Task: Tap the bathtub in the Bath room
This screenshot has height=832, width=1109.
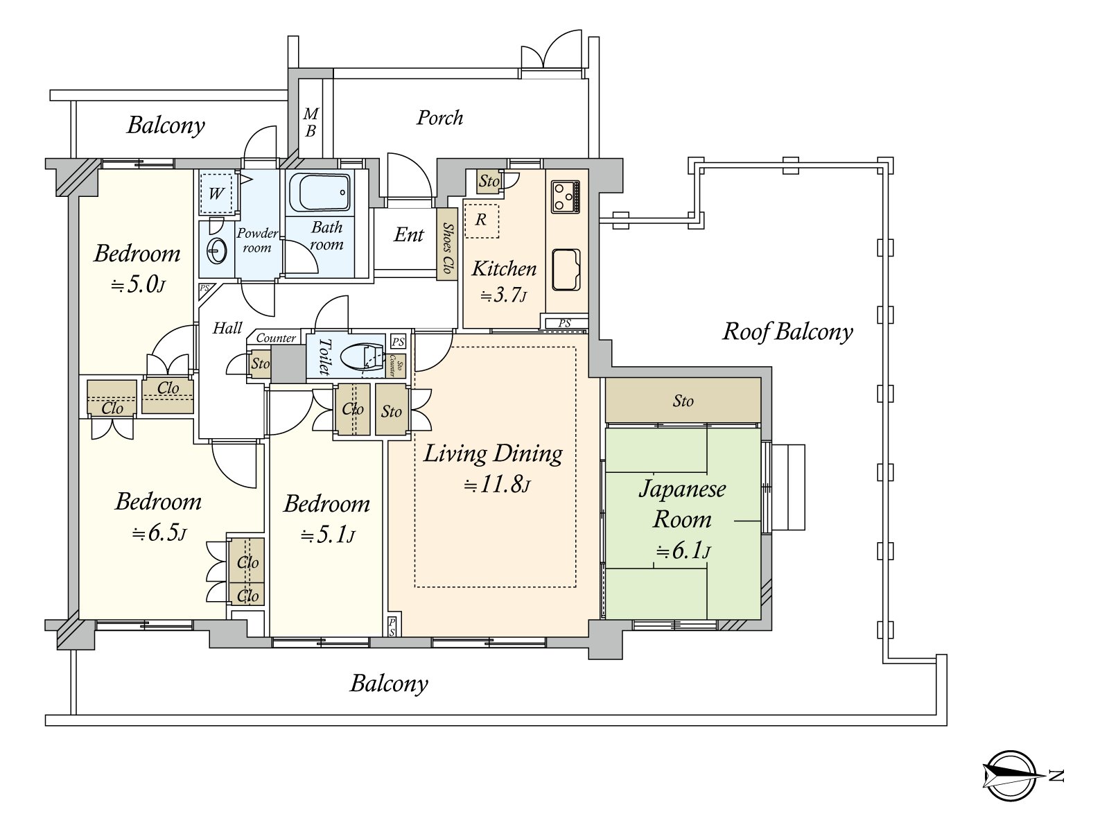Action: [x=320, y=193]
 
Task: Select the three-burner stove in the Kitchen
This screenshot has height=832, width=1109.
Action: [x=566, y=196]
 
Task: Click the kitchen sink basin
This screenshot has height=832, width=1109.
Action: [x=566, y=270]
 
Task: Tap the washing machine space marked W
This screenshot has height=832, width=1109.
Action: [x=216, y=193]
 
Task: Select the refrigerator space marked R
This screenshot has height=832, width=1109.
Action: [x=481, y=220]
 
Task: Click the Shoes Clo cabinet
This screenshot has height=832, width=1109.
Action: [x=446, y=244]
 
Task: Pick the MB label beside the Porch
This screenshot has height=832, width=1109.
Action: [x=311, y=122]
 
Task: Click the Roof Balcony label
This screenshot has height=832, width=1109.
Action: [x=787, y=332]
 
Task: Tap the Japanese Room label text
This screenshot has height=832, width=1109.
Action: [x=682, y=504]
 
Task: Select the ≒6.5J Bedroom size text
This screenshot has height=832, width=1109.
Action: [x=159, y=533]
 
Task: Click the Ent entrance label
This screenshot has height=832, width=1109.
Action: [x=409, y=234]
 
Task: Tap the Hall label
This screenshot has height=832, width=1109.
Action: [x=227, y=329]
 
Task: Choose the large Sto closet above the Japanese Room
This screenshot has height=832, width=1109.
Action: [x=683, y=400]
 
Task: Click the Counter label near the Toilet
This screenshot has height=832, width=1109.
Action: [x=276, y=338]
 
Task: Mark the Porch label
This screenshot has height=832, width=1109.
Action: [x=439, y=118]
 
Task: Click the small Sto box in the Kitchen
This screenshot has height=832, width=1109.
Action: [x=489, y=182]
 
